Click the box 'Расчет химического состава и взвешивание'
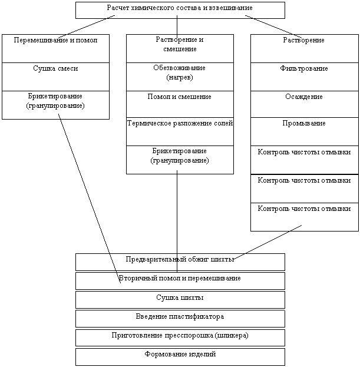coord(180,10)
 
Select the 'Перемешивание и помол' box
coord(56,48)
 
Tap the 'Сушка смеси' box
coord(56,77)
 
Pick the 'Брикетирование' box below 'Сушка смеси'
coord(56,105)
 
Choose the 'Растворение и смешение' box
coord(180,48)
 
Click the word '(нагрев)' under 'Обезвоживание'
coord(180,78)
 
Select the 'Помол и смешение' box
coord(180,104)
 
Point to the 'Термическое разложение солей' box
coord(180,131)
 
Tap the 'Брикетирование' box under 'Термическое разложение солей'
coord(180,160)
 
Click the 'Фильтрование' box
coord(305,77)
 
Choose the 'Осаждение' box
coord(305,104)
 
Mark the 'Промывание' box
coord(305,131)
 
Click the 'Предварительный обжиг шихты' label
coord(180,259)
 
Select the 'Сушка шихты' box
coord(180,300)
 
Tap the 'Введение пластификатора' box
coord(180,319)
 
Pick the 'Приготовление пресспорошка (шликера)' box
coord(180,338)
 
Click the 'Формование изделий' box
coord(180,357)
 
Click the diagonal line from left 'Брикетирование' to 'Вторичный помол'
coord(90,199)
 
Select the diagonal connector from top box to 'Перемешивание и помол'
coord(87,27)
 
